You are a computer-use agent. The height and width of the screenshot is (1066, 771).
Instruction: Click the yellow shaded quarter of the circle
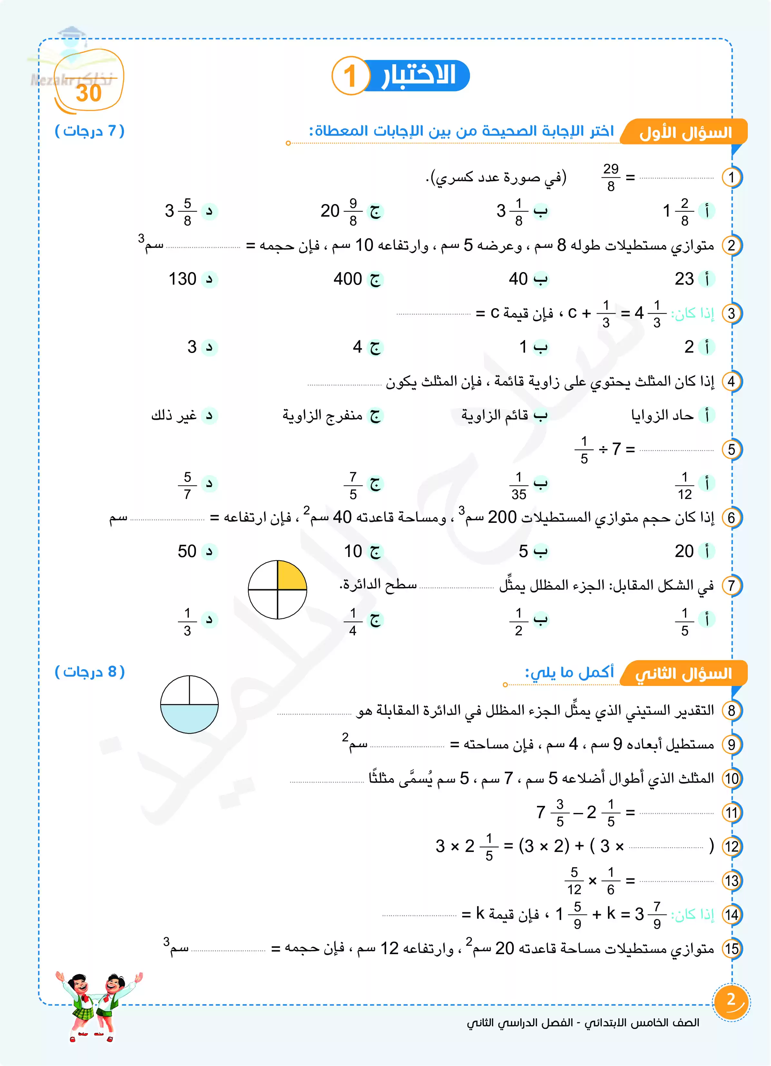(x=291, y=576)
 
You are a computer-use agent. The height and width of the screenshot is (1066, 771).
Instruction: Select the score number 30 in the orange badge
(x=89, y=93)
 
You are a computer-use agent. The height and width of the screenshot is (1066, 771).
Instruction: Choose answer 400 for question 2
(x=348, y=279)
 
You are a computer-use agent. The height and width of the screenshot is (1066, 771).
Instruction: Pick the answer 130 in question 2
(x=182, y=279)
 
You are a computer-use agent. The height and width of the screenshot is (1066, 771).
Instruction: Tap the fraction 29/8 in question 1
(x=611, y=178)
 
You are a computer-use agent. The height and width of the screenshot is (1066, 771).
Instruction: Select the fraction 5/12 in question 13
(x=574, y=881)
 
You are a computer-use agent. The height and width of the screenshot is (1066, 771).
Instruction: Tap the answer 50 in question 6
(x=187, y=551)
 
